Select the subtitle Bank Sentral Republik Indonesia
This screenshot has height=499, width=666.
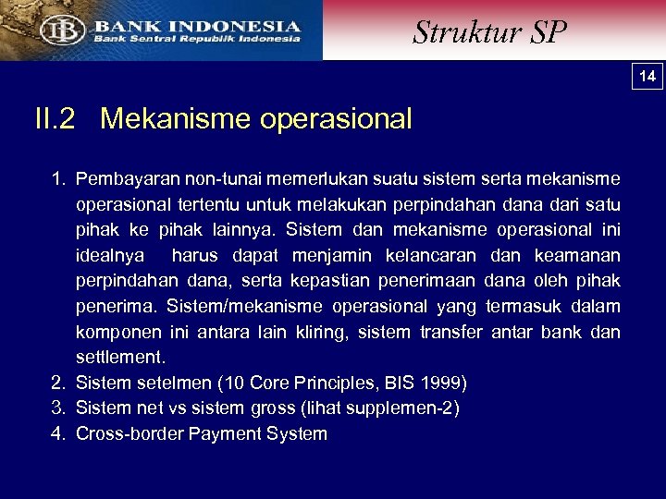pyautogui.click(x=194, y=39)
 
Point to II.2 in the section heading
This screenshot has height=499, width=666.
pyautogui.click(x=55, y=119)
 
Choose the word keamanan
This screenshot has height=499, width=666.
pyautogui.click(x=577, y=255)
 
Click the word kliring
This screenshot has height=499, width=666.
pyautogui.click(x=330, y=332)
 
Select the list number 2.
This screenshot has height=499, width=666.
pyautogui.click(x=57, y=383)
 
